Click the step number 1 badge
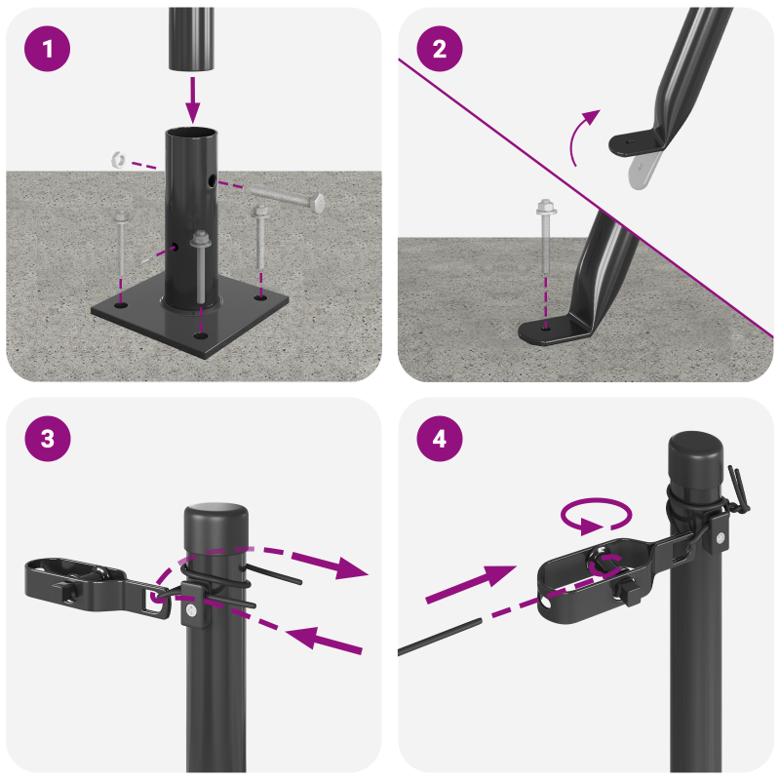coord(49,49)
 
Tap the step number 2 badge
coord(440,49)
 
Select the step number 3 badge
coord(49,439)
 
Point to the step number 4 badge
coord(440,439)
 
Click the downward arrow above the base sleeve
coord(192,97)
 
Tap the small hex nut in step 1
coord(118,158)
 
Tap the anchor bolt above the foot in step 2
coord(545,239)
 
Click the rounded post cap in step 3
coord(214,516)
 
